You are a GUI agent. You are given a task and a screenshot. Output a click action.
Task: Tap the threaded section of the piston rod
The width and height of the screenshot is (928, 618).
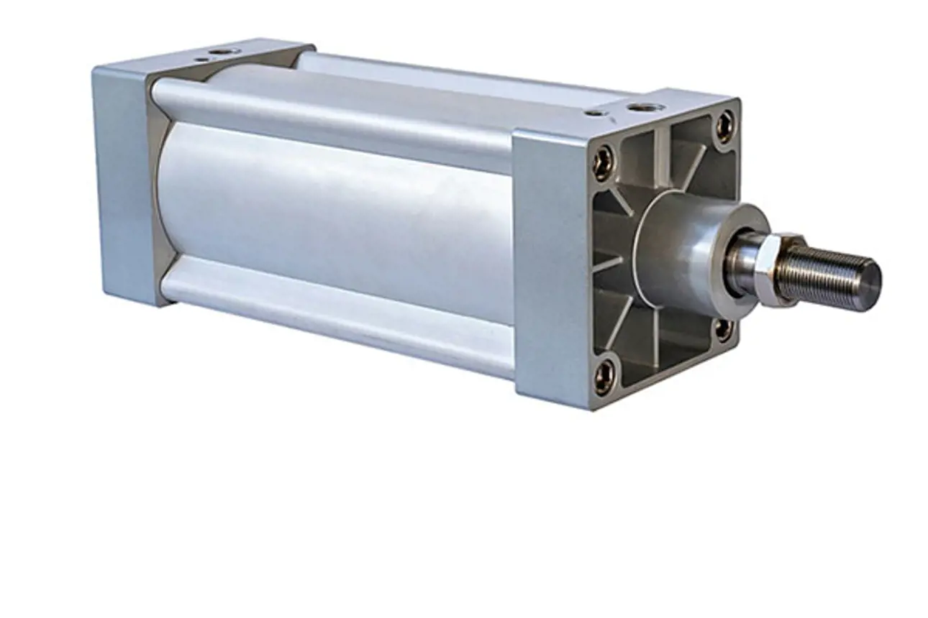click(827, 274)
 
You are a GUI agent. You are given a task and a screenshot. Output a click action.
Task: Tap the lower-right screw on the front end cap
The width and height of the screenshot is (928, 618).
click(723, 329)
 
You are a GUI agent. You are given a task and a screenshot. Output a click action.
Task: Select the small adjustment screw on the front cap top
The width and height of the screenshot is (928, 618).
click(593, 113)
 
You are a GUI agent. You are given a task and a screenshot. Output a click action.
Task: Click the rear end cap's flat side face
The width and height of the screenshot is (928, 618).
click(122, 180)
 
